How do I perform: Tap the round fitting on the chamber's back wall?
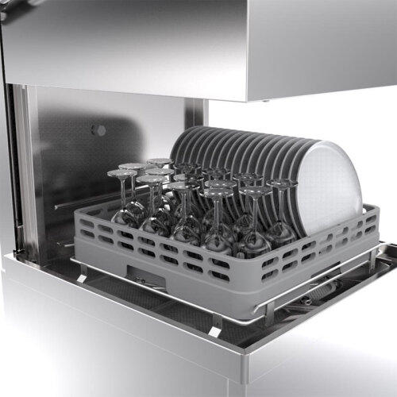point(98,129)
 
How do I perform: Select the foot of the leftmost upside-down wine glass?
point(121,173)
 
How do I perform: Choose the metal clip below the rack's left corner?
point(83,270)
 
